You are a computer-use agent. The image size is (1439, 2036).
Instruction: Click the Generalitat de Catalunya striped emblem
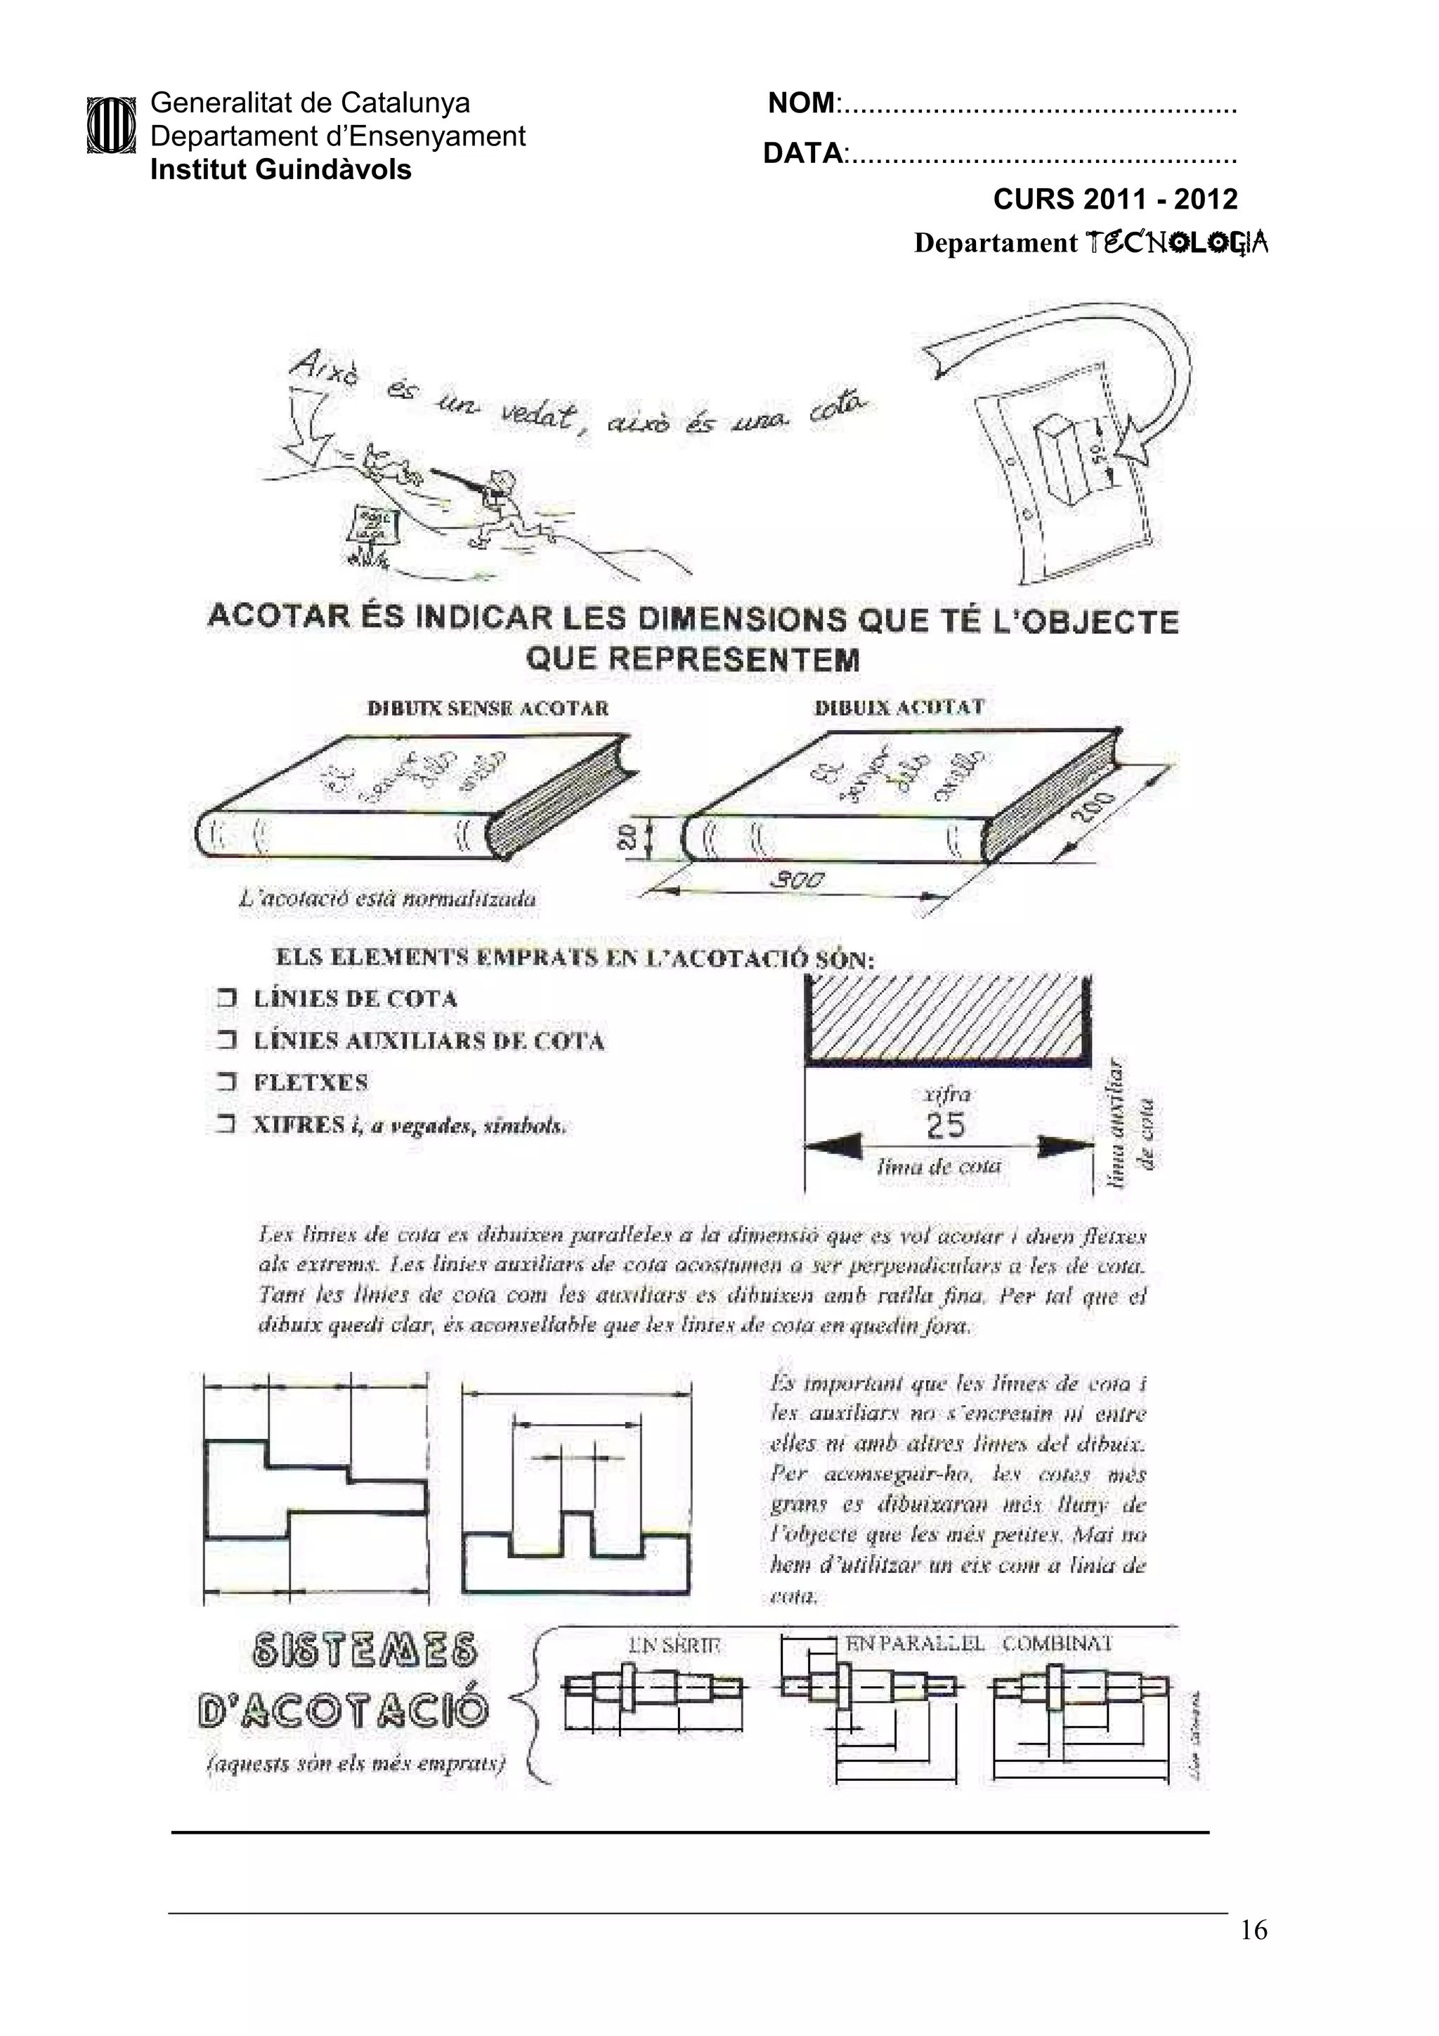click(111, 126)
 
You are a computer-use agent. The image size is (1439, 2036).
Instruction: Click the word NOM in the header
click(800, 104)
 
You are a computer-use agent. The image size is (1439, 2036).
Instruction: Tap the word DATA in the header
click(802, 153)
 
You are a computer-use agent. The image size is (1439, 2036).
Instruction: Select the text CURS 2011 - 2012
click(1114, 199)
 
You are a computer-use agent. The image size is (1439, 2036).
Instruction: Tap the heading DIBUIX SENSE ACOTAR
click(488, 707)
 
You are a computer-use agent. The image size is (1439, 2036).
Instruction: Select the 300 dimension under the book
click(797, 880)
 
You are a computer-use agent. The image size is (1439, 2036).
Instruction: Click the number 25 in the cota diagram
click(944, 1125)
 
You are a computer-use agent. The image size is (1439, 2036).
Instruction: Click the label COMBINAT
click(1057, 1643)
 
